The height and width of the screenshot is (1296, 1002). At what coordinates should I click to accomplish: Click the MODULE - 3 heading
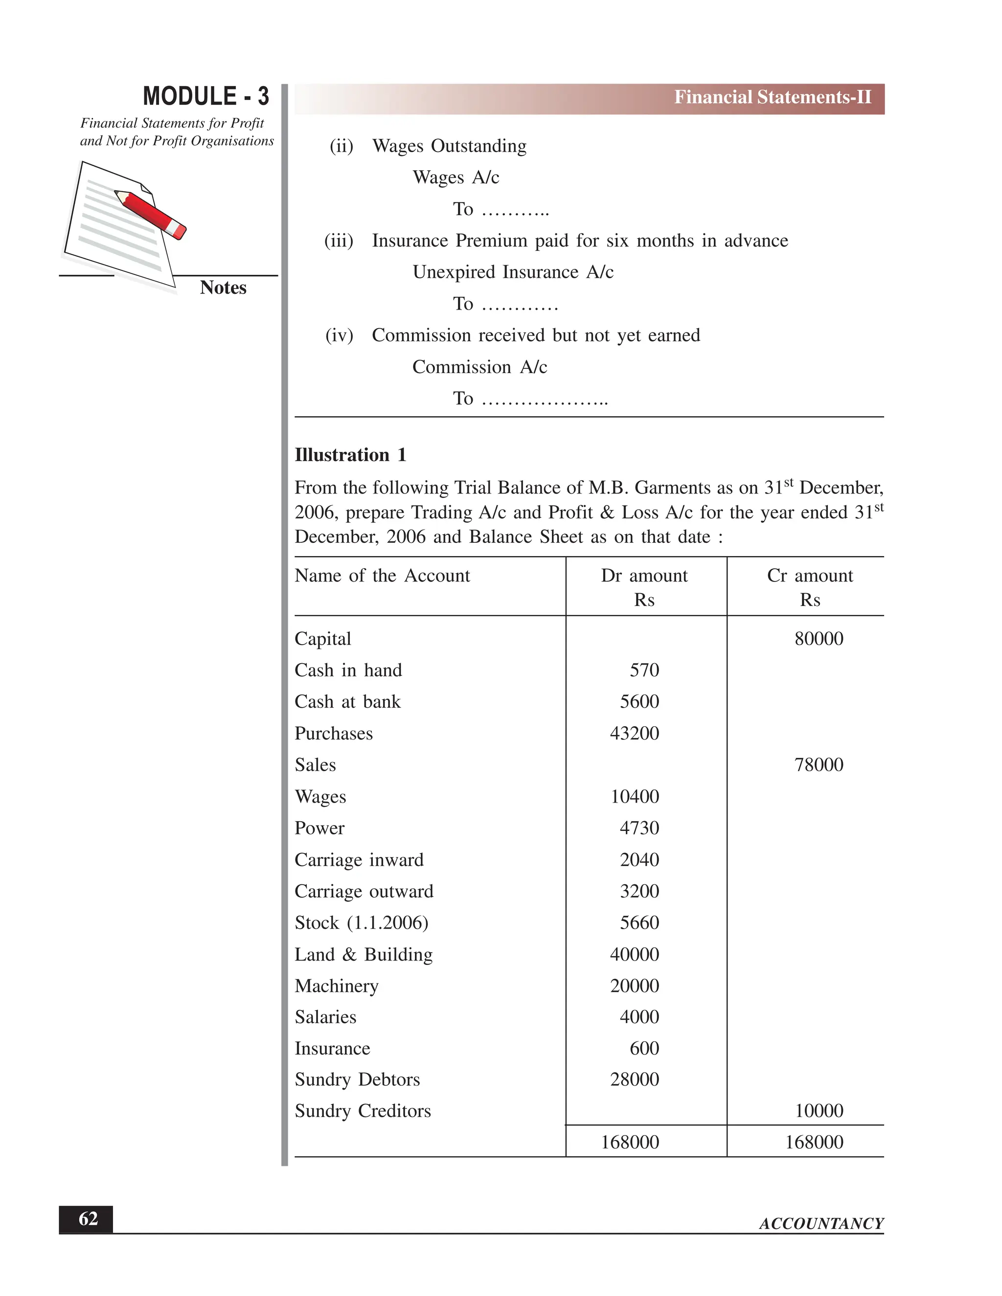pos(205,97)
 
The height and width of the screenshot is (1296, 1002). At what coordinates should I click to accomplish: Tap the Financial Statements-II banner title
pos(772,97)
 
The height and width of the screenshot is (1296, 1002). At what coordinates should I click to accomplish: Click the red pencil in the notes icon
pos(151,214)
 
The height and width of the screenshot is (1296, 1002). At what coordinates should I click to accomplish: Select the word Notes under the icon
pos(223,288)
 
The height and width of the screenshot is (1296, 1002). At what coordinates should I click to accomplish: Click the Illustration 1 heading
pos(350,455)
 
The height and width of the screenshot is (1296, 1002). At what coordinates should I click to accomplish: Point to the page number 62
pos(88,1219)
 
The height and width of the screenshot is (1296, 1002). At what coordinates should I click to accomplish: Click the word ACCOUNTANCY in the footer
pos(821,1224)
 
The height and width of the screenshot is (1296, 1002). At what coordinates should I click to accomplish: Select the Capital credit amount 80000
pos(819,639)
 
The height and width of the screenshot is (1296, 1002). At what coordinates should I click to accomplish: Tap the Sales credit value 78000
pos(819,765)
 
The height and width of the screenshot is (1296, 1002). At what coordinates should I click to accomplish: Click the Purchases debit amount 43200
pos(634,734)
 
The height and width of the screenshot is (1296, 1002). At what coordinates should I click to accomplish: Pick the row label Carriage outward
pos(364,891)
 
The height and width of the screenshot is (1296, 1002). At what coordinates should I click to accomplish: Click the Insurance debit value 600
pos(644,1049)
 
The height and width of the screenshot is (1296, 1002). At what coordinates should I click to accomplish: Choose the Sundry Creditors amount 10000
pos(819,1111)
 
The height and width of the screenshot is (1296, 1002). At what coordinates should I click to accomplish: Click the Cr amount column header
pos(810,576)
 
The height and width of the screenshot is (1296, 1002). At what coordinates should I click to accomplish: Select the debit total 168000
pos(630,1142)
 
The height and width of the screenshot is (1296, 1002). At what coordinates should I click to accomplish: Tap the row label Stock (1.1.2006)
pos(362,923)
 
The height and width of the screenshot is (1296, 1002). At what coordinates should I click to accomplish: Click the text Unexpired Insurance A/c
pos(513,272)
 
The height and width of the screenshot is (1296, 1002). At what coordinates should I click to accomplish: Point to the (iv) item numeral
pos(339,336)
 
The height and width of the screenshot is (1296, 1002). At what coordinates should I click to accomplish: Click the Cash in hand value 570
pos(644,670)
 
